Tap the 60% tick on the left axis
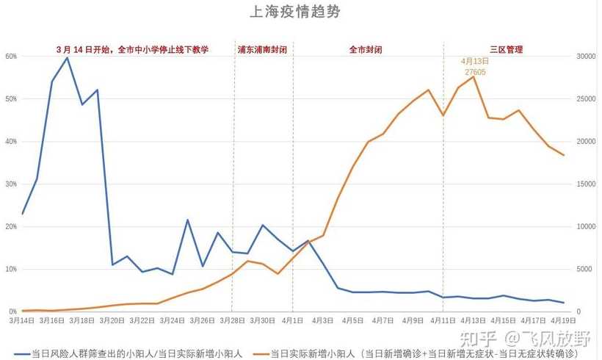11,57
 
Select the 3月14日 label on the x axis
22,320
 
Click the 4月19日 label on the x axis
563,320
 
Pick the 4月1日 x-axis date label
292,320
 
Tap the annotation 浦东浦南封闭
262,50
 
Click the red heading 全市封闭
366,50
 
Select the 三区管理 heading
507,50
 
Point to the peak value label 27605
475,72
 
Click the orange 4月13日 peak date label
475,62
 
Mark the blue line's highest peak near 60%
68,57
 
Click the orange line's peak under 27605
474,77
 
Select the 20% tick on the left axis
11,226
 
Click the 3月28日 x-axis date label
232,320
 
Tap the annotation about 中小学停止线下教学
132,50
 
